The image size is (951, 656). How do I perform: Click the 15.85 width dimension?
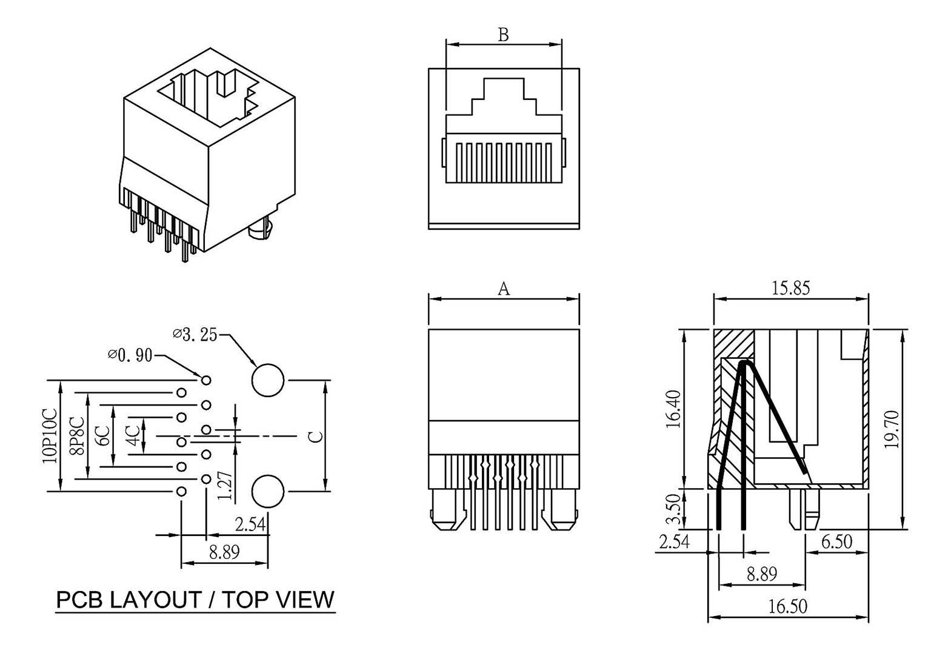tap(790, 287)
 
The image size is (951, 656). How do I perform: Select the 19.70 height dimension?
tap(891, 429)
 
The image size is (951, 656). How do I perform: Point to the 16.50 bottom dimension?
tap(788, 606)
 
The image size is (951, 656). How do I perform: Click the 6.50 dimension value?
tap(837, 541)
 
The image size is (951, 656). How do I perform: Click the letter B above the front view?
tap(503, 35)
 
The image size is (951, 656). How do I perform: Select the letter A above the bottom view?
tap(503, 289)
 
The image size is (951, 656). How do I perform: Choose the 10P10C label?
tap(50, 435)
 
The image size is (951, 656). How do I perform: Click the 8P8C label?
tap(77, 435)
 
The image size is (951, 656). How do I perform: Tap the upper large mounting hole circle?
tap(268, 381)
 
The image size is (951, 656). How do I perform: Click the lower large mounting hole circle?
tap(267, 491)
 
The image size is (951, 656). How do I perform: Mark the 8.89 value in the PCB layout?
tap(224, 552)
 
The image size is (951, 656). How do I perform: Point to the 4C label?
tap(132, 434)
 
